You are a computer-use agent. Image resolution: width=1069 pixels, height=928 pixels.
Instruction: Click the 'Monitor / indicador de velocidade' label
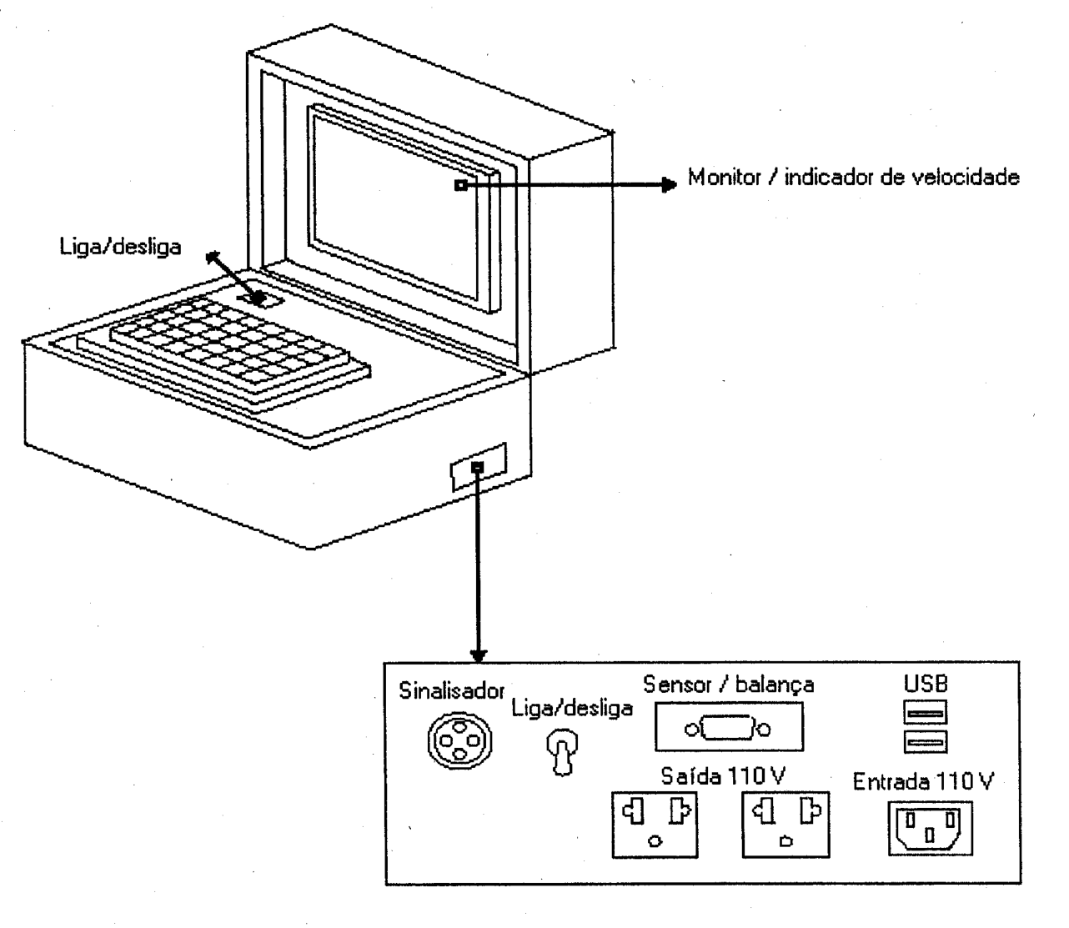click(853, 178)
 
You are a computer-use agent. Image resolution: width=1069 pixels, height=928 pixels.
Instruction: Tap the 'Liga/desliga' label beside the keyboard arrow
click(120, 247)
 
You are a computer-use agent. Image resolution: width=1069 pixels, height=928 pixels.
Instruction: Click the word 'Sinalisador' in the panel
click(451, 690)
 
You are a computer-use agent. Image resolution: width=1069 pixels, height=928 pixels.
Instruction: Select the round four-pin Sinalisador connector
click(459, 740)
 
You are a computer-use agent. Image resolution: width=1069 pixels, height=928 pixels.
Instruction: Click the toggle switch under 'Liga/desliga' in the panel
click(562, 752)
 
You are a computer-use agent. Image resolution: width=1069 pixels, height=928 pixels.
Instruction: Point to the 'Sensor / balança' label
click(728, 685)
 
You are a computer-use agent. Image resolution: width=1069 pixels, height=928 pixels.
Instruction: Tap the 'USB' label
click(926, 684)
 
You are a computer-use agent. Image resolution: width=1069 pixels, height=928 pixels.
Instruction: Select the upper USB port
click(926, 712)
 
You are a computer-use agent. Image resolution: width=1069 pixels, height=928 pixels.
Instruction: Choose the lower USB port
click(926, 741)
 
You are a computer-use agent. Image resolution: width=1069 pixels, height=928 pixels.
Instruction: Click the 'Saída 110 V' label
click(723, 776)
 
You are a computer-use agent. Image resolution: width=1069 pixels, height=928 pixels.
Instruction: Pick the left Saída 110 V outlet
click(655, 825)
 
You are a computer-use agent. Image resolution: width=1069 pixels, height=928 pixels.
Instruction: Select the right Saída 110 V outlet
click(785, 825)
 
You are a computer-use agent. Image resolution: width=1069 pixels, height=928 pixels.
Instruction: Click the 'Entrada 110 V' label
click(923, 782)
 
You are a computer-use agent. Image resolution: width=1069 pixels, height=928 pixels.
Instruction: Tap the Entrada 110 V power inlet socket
click(931, 828)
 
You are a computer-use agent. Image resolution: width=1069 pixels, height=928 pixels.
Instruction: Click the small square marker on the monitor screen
click(460, 185)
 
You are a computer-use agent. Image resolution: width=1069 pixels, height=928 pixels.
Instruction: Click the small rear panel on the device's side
click(479, 467)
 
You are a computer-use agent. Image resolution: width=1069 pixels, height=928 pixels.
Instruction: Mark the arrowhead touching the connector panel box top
click(479, 655)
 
